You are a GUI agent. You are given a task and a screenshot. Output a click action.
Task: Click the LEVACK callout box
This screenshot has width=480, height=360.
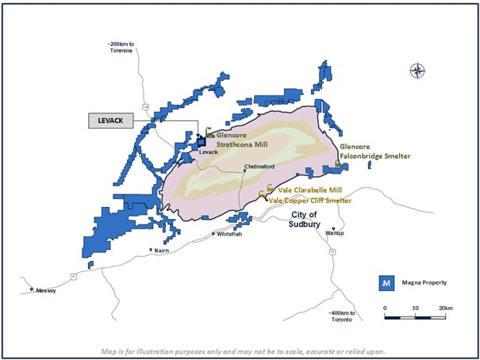(x=110, y=121)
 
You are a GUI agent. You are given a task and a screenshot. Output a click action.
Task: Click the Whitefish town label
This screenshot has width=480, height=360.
(x=228, y=235)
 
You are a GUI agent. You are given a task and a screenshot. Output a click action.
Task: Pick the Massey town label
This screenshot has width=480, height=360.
(x=46, y=291)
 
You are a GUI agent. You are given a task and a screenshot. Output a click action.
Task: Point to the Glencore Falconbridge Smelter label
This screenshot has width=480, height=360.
(x=374, y=151)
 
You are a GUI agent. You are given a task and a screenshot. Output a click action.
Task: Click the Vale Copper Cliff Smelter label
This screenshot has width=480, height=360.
(x=310, y=201)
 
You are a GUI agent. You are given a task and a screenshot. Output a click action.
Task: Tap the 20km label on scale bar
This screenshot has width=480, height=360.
(x=445, y=308)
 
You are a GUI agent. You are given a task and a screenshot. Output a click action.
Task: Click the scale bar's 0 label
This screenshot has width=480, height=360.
(x=385, y=308)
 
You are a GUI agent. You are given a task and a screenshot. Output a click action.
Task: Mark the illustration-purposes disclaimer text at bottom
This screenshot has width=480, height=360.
(x=240, y=351)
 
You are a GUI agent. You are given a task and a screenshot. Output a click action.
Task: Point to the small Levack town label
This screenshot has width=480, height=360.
(x=208, y=151)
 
